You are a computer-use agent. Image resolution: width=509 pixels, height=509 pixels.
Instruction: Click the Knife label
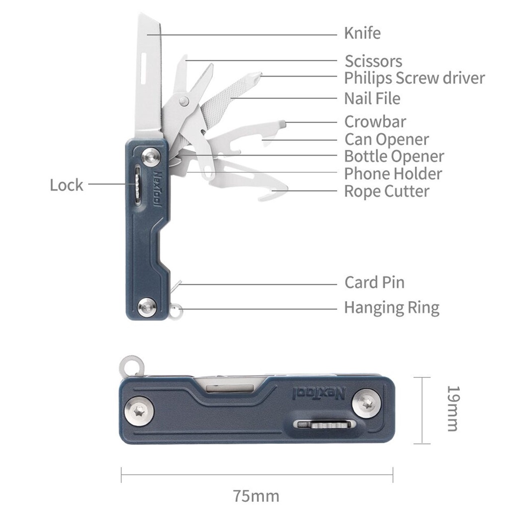coord(362,33)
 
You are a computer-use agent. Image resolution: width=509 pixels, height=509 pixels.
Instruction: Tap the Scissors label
coord(373,61)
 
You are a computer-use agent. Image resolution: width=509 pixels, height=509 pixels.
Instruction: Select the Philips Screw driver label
coord(415,78)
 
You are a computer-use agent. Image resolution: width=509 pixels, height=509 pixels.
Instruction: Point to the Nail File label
coord(372,98)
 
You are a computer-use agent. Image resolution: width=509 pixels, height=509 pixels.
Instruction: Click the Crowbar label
coord(375,122)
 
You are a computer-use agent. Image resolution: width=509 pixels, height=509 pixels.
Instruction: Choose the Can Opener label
coord(387,140)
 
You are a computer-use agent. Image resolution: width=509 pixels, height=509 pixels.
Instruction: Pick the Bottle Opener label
coord(394,157)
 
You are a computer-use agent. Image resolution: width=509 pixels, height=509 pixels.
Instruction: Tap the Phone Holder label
coord(393,173)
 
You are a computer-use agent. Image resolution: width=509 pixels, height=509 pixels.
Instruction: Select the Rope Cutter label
coord(387,191)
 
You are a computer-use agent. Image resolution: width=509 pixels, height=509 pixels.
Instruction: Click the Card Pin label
coord(375,282)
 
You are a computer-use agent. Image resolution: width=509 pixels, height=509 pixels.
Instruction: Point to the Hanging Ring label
coord(392,308)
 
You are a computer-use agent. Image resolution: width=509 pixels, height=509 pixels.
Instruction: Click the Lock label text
coord(67,185)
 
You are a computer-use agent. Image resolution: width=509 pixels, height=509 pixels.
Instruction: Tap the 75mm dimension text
coord(256,496)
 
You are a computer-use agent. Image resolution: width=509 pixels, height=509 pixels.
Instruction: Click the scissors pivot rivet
coord(184,100)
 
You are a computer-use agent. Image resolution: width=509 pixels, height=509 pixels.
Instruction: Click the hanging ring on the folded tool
coord(131,366)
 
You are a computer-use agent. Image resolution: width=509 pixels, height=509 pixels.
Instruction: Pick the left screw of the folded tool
coord(140,411)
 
